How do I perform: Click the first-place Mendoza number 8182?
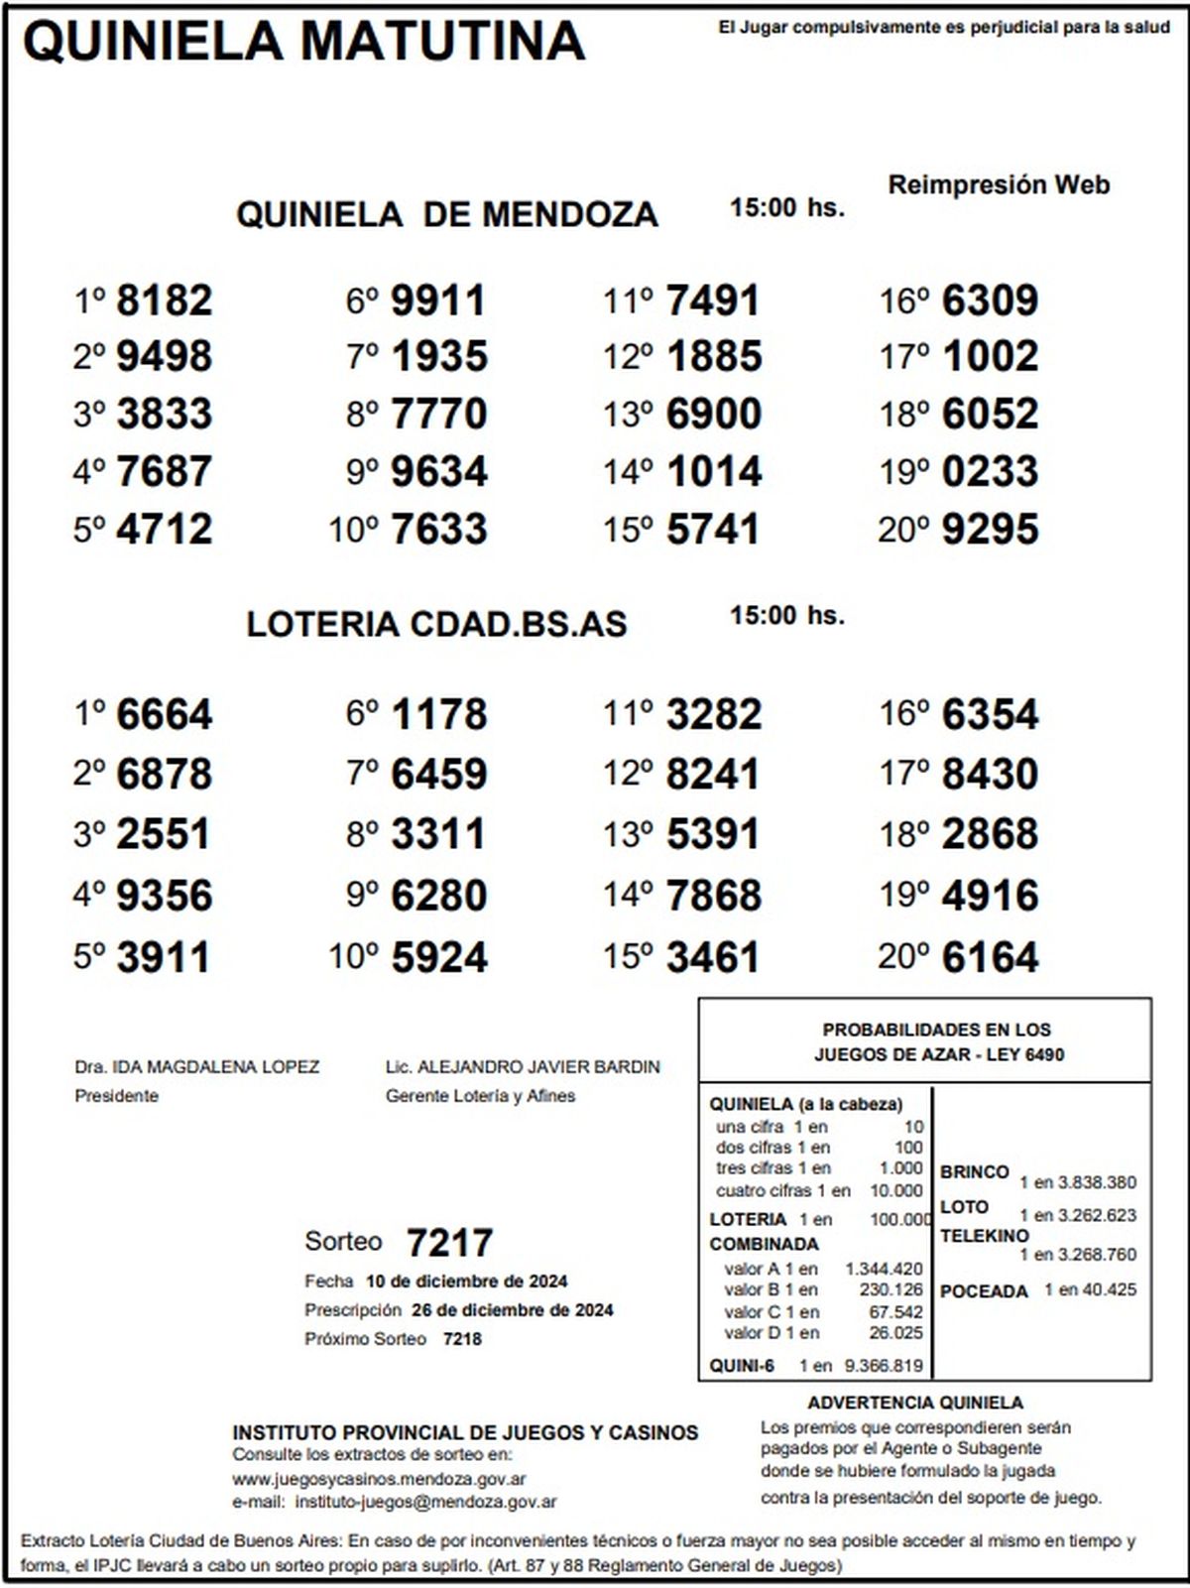tap(164, 301)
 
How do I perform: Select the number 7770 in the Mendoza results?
tap(438, 414)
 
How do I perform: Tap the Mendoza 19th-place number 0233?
tap(990, 471)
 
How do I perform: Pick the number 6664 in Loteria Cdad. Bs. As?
tap(164, 714)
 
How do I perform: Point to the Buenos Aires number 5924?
tap(438, 957)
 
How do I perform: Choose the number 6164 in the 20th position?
tap(990, 957)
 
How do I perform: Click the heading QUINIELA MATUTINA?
tap(303, 42)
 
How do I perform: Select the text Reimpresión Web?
tap(998, 185)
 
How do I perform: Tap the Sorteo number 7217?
tap(449, 1243)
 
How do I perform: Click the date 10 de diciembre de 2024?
tap(466, 1282)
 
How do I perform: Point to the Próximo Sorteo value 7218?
tap(462, 1339)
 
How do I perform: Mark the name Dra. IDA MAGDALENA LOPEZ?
tap(196, 1067)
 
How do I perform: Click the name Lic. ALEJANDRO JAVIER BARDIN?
tap(523, 1067)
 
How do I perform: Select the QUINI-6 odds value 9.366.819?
tap(883, 1366)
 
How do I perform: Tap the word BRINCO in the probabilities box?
tap(974, 1172)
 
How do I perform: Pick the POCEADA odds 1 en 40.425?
tap(1090, 1290)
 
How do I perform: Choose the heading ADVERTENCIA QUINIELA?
tap(914, 1403)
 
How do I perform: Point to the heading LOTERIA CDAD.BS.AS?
tap(436, 624)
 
